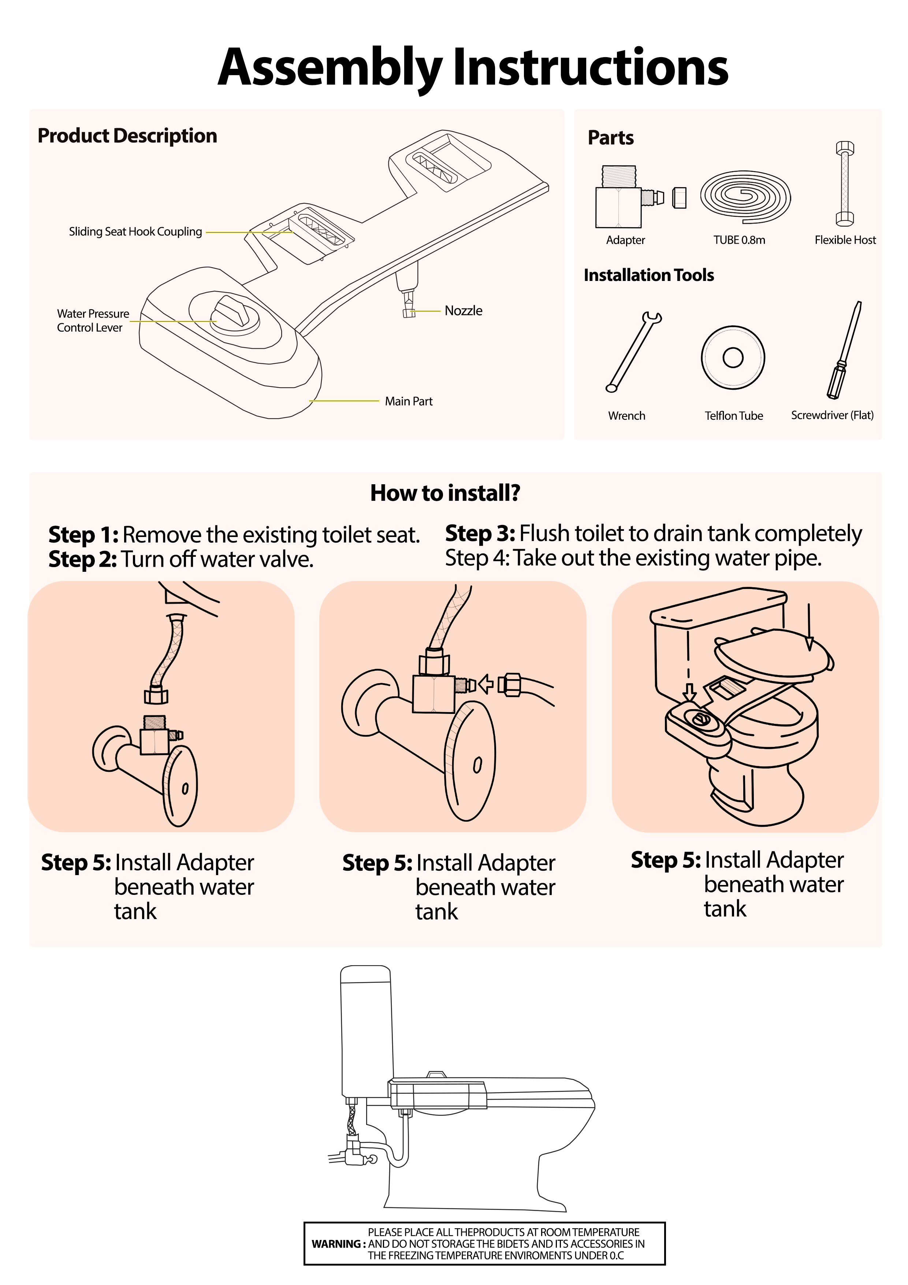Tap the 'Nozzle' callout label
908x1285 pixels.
463,311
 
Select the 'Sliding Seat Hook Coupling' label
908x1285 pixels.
135,232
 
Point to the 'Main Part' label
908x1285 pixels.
408,401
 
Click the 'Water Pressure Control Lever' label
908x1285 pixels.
93,321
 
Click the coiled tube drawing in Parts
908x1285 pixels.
745,197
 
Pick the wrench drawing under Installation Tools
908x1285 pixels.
633,352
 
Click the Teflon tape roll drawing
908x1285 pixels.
733,358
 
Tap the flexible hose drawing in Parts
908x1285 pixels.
845,184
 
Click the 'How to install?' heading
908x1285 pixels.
445,493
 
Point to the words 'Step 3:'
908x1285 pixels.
480,534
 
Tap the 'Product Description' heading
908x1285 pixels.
127,136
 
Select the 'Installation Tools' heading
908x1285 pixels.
649,275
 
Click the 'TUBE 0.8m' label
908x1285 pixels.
739,240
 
